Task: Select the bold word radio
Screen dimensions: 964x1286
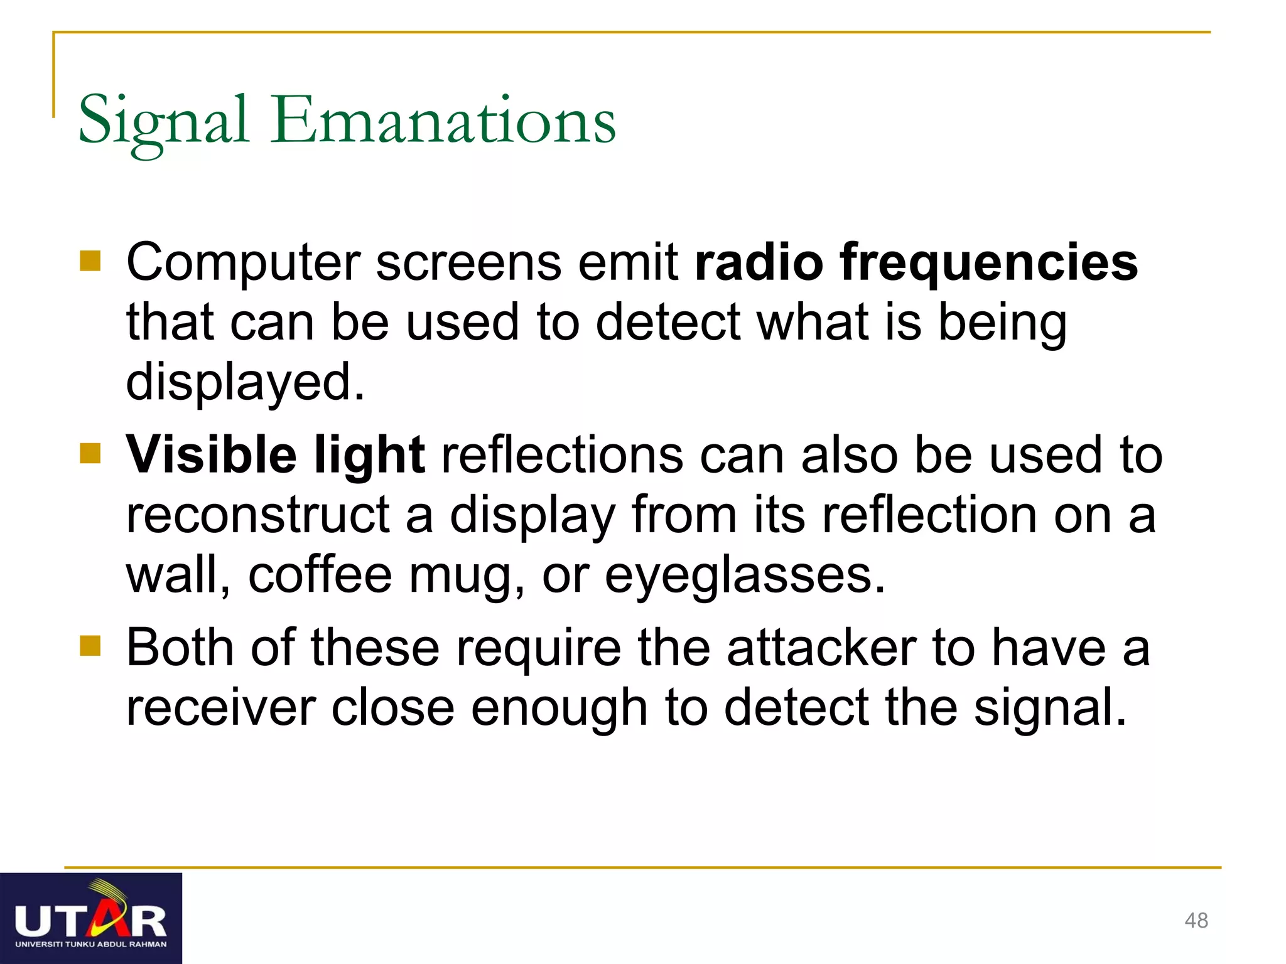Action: (x=759, y=262)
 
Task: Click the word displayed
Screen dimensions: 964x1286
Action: (x=245, y=383)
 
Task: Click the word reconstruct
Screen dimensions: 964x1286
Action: (x=257, y=516)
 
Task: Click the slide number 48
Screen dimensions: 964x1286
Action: (x=1196, y=921)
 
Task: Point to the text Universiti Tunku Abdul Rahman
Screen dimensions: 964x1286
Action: (x=91, y=944)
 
